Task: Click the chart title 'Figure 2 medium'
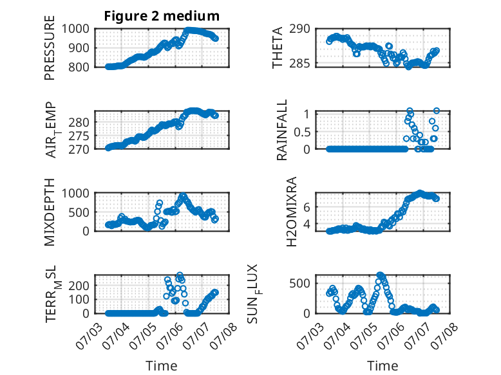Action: (x=162, y=16)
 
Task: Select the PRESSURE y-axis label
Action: (x=50, y=48)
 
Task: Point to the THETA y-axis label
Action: (x=278, y=48)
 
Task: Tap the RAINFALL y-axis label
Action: (x=282, y=130)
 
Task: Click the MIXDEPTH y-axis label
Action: (x=50, y=212)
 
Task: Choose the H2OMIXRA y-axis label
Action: (x=292, y=212)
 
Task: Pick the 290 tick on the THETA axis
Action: (x=299, y=29)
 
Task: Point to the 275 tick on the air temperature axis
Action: (x=79, y=136)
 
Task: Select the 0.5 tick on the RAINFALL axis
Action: (x=302, y=131)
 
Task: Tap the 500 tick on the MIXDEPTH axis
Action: (x=79, y=212)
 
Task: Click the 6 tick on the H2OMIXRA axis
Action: (x=307, y=207)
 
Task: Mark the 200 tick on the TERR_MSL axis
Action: (x=79, y=286)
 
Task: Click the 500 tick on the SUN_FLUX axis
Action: (x=299, y=283)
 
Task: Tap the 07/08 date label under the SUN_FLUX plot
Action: (x=444, y=336)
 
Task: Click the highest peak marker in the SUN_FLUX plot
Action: (x=380, y=275)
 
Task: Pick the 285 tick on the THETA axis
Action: (x=299, y=64)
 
